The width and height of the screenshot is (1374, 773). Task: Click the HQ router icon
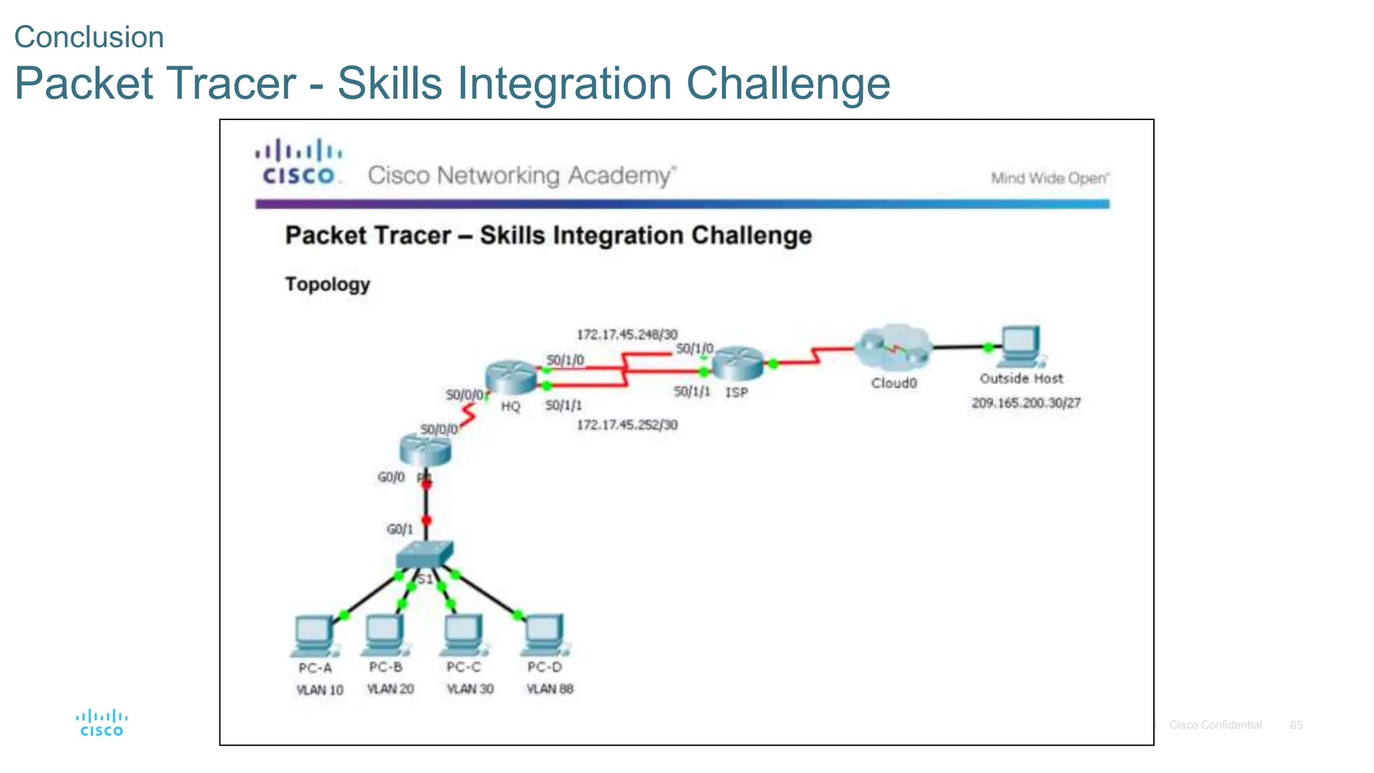511,376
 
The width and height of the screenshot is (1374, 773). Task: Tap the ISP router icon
737,363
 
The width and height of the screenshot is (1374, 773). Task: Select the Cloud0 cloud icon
893,348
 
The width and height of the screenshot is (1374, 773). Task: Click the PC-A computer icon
313,635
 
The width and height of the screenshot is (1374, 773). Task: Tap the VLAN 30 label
470,689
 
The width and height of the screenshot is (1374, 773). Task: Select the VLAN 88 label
549,689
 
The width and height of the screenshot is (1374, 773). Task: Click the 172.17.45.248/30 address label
627,334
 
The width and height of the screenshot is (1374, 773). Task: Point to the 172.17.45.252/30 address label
627,425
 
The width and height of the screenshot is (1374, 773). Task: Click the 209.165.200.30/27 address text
1026,403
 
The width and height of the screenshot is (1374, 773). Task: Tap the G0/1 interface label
400,529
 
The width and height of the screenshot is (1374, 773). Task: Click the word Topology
327,285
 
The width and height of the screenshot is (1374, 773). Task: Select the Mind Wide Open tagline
1050,178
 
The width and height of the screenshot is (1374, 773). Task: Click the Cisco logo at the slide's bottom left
101,723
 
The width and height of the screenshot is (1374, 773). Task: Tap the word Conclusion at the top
89,37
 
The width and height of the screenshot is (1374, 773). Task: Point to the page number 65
1296,725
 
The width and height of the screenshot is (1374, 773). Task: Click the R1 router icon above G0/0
425,450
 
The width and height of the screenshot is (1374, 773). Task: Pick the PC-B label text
386,667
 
